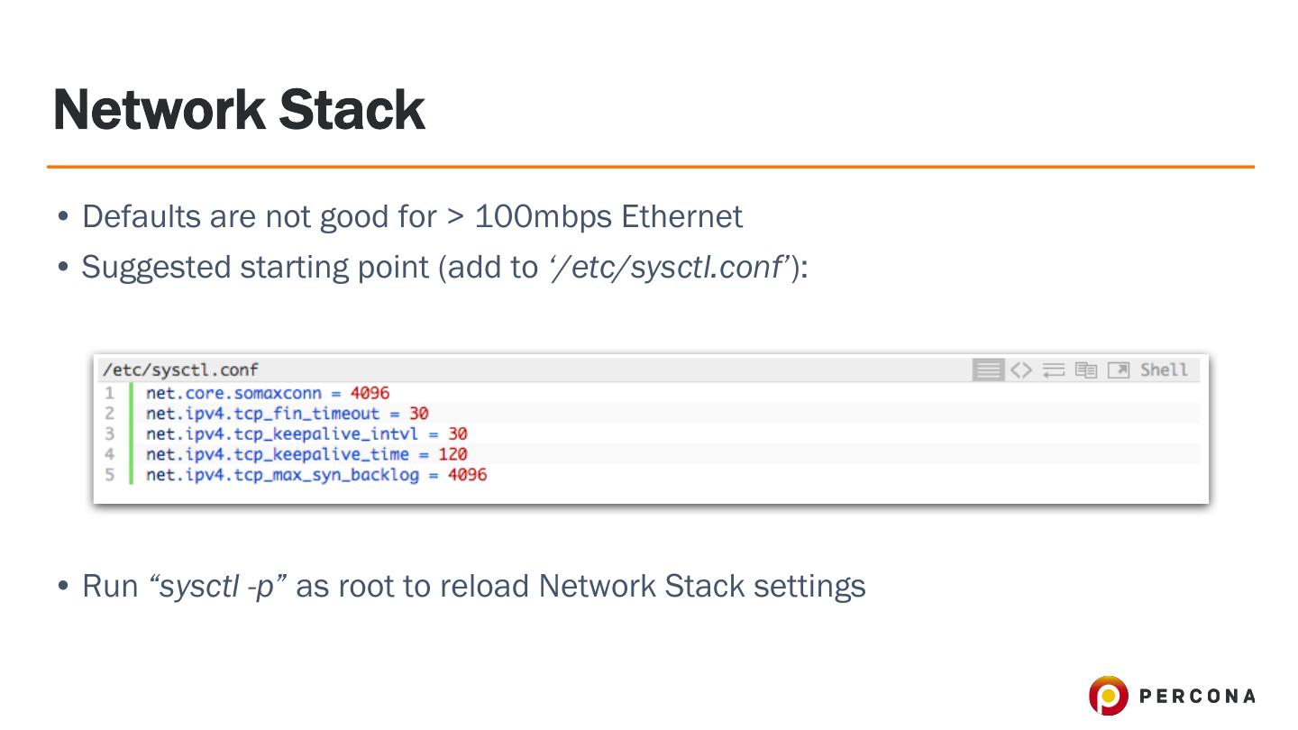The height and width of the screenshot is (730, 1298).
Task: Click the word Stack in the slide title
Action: click(x=351, y=110)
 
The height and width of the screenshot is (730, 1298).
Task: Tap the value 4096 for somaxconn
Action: click(x=370, y=393)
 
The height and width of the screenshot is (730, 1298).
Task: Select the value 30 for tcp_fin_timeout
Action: click(x=418, y=414)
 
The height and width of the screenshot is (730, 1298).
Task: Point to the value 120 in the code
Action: click(x=452, y=454)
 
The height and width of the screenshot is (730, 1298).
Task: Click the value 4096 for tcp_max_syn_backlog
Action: click(x=467, y=474)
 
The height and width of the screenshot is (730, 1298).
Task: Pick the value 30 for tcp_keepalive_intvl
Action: click(x=457, y=433)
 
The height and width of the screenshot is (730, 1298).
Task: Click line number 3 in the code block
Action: click(x=109, y=433)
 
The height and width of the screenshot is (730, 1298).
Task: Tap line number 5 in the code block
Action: click(x=109, y=474)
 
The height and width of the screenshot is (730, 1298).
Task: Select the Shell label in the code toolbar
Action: click(x=1164, y=370)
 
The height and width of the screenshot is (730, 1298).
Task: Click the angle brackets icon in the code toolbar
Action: click(x=1020, y=370)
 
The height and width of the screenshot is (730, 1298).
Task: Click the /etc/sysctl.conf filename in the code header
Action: click(x=180, y=370)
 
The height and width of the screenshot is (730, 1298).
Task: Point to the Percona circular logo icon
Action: click(x=1108, y=696)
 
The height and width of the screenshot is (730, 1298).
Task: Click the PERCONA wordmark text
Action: click(x=1197, y=696)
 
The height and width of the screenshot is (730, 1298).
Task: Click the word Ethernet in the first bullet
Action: click(x=682, y=216)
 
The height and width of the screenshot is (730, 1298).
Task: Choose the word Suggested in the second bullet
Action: click(x=156, y=267)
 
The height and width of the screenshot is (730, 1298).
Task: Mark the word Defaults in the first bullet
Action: click(x=142, y=216)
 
